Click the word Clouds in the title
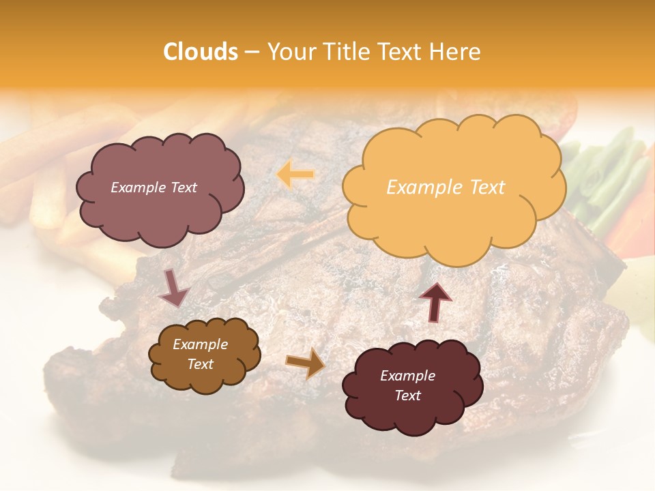(x=201, y=52)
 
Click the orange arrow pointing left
(x=295, y=175)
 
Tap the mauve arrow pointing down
(x=174, y=288)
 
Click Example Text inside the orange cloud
(x=446, y=188)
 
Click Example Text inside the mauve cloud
(x=154, y=188)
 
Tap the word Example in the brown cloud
(x=200, y=344)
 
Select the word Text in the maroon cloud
(x=407, y=396)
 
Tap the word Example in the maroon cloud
(x=407, y=376)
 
